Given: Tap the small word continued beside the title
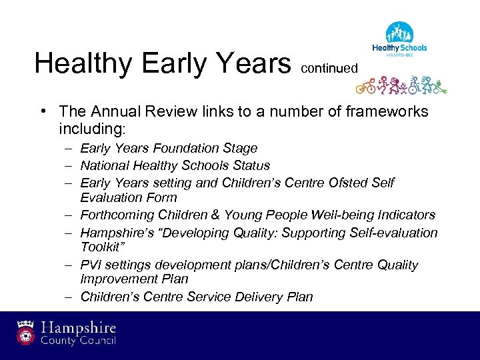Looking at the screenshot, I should click(329, 68).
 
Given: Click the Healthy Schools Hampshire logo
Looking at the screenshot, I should click(399, 40).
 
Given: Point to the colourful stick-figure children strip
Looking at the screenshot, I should click(400, 84).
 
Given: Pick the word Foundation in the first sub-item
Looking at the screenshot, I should click(185, 148).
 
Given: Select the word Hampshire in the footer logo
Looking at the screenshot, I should click(79, 328).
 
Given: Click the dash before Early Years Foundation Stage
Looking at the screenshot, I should click(69, 149).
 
